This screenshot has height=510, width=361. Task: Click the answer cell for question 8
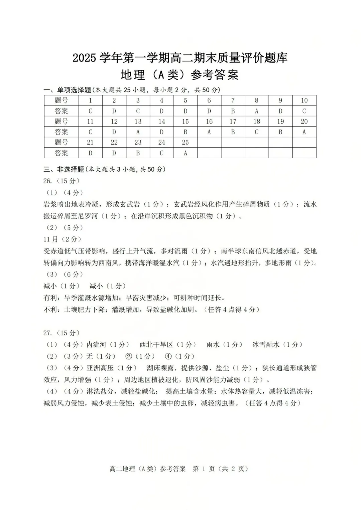pyautogui.click(x=256, y=111)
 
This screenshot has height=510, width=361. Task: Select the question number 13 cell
pyautogui.click(x=138, y=122)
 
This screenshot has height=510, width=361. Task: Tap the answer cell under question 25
pyautogui.click(x=185, y=153)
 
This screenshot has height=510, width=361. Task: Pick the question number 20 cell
pyautogui.click(x=304, y=122)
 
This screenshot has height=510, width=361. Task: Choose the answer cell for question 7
pyautogui.click(x=233, y=111)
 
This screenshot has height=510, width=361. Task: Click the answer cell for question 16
pyautogui.click(x=209, y=132)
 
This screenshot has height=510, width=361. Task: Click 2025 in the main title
pyautogui.click(x=85, y=58)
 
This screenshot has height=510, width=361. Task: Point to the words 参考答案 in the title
pyautogui.click(x=215, y=75)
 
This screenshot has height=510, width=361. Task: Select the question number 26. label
pyautogui.click(x=48, y=181)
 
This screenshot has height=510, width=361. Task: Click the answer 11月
pyautogui.click(x=51, y=239)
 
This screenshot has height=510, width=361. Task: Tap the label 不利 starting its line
pyautogui.click(x=50, y=310)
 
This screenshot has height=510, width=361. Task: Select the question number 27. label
pyautogui.click(x=48, y=333)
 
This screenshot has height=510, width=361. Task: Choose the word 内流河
pyautogui.click(x=96, y=345)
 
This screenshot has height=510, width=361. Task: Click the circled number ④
pyautogui.click(x=168, y=356)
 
